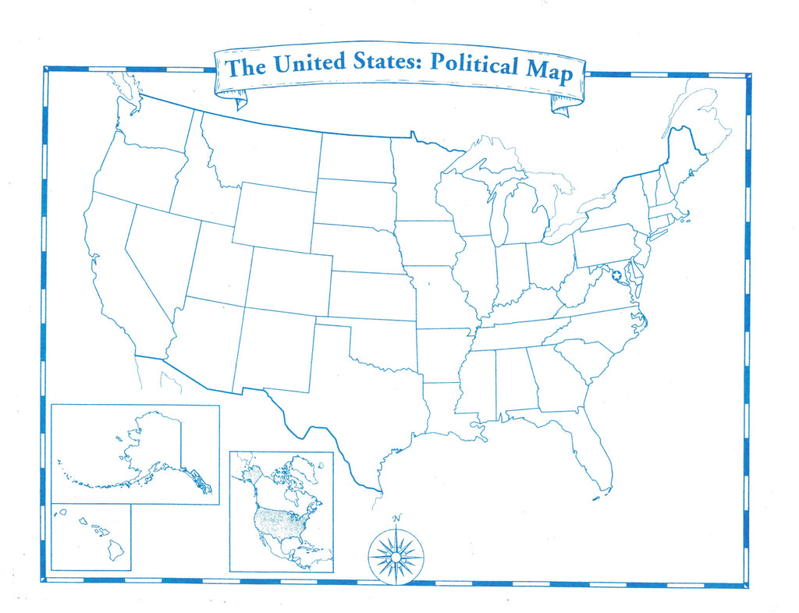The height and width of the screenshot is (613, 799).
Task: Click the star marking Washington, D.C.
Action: pyautogui.click(x=617, y=275)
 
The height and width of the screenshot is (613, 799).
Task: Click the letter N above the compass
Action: pyautogui.click(x=396, y=519)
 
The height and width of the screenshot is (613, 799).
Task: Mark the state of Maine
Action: pyautogui.click(x=683, y=160)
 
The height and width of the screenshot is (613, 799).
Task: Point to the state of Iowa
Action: pyautogui.click(x=426, y=243)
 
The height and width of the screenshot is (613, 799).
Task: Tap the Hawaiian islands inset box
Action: pyautogui.click(x=91, y=537)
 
